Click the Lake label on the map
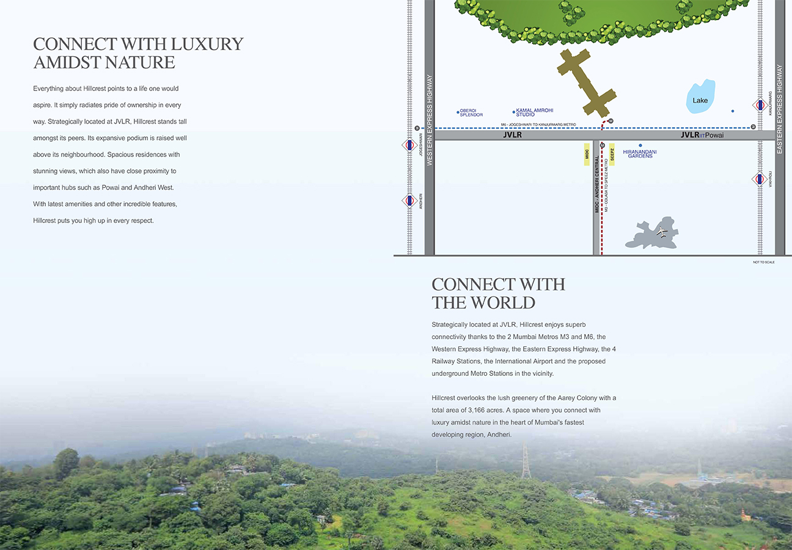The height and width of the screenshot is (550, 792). (700, 100)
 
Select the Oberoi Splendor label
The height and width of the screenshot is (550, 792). (471, 113)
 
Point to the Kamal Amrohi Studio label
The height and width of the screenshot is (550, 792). (534, 112)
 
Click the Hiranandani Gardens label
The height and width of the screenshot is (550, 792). (640, 153)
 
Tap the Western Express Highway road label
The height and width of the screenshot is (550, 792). (430, 120)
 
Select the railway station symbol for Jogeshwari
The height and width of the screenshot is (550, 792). (410, 145)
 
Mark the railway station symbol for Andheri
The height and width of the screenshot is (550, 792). (410, 200)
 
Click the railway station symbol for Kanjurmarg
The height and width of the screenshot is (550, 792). (760, 105)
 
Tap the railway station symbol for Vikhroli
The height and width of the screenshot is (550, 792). (760, 179)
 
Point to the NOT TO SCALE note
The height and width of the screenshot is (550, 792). (763, 262)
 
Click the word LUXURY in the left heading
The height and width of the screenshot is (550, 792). (207, 44)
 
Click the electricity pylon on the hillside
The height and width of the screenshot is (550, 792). (526, 461)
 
